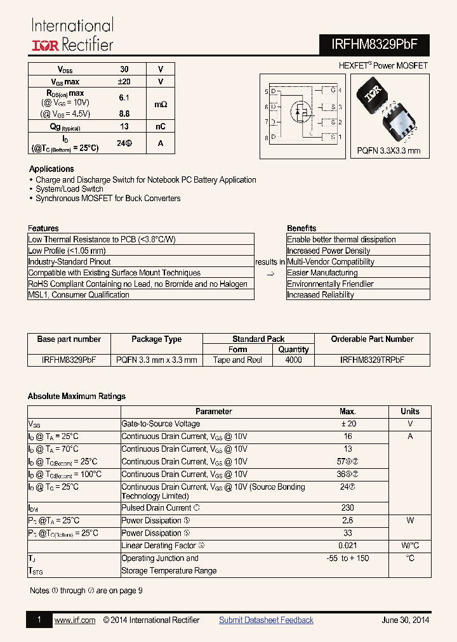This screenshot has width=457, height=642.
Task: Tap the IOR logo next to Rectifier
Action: pos(46,45)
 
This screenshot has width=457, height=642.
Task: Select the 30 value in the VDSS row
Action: pos(124,69)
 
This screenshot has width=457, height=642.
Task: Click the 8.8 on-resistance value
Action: pos(124,114)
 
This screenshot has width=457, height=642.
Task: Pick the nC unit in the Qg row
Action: pos(161,126)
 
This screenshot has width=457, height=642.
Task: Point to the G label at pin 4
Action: pos(333,91)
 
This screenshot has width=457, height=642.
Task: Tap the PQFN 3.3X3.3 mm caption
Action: pos(388,151)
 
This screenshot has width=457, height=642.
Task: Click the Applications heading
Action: pos(51,169)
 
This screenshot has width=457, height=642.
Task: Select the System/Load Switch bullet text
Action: pos(69,189)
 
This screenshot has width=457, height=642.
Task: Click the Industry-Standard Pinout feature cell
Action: pos(69,261)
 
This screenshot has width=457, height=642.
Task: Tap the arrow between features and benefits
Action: pos(270,273)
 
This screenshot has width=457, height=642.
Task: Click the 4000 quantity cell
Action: pos(293,360)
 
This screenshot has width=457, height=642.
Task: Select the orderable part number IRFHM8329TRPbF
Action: pos(372,360)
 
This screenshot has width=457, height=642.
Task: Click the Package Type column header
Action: pos(156,339)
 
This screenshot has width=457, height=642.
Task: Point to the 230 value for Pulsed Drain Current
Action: pos(347,508)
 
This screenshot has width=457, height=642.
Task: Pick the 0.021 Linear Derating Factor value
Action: pos(347,546)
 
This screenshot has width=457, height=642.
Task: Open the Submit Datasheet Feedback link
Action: pos(266,620)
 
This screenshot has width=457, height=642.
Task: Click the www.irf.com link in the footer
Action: pos(75,620)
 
